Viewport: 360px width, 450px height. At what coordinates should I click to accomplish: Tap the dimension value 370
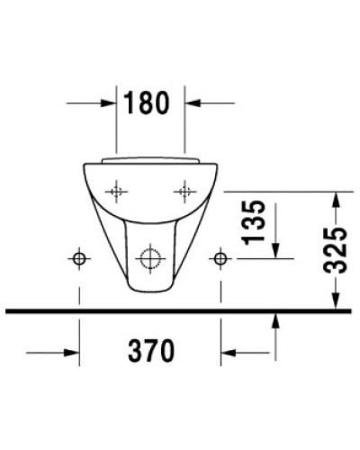pyautogui.click(x=150, y=351)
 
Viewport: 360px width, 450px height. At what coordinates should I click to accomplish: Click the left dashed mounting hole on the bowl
pyautogui.click(x=115, y=191)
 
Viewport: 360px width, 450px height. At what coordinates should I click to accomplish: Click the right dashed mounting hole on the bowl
pyautogui.click(x=185, y=191)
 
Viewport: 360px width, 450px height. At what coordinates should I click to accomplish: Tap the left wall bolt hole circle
pyautogui.click(x=80, y=259)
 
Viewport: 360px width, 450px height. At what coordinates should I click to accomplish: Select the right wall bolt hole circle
pyautogui.click(x=220, y=259)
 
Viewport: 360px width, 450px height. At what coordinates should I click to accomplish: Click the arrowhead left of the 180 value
pyautogui.click(x=111, y=104)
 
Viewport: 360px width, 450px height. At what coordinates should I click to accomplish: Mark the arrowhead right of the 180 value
pyautogui.click(x=193, y=104)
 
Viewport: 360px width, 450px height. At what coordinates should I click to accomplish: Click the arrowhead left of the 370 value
pyautogui.click(x=73, y=351)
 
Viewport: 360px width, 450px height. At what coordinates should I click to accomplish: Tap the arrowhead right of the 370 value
pyautogui.click(x=228, y=351)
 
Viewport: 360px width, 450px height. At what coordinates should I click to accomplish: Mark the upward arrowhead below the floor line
pyautogui.click(x=275, y=321)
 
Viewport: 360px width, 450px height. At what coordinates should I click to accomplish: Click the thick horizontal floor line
pyautogui.click(x=180, y=311)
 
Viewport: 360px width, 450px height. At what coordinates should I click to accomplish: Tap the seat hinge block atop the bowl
pyautogui.click(x=150, y=157)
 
